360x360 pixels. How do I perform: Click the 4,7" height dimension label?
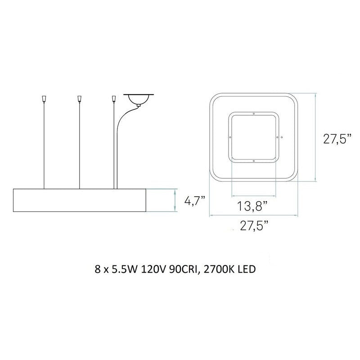[195, 200]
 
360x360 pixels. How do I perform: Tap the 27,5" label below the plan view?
[254, 225]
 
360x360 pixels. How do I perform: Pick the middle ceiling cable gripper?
[79, 98]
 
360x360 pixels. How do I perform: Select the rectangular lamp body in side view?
[80, 200]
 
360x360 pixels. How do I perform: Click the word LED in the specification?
[247, 270]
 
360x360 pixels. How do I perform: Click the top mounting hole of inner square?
[254, 113]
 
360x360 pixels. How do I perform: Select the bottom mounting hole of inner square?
[254, 160]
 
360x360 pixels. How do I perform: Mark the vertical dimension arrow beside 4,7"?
[175, 200]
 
